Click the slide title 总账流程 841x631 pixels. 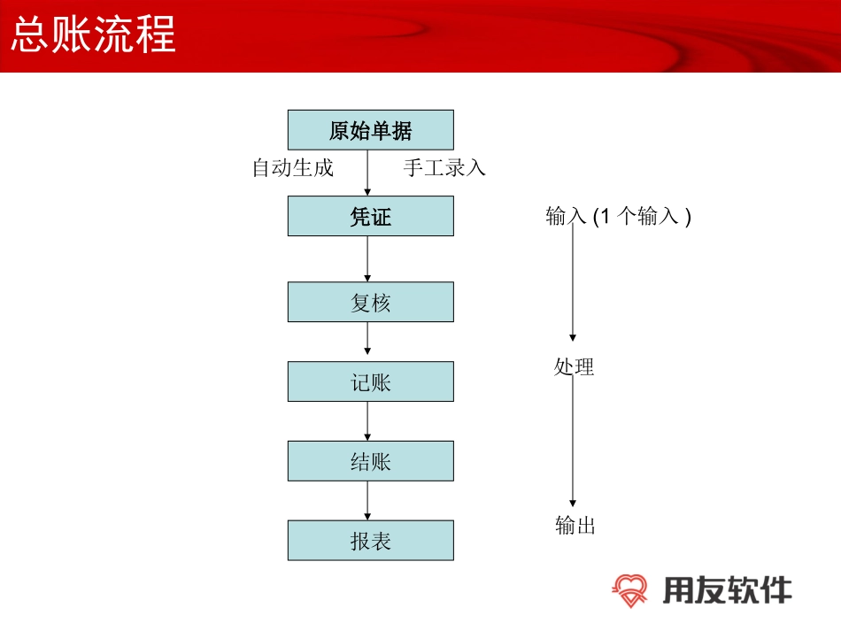(93, 35)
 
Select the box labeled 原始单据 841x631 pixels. (370, 130)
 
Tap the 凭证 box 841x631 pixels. (370, 216)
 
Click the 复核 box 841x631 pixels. (370, 302)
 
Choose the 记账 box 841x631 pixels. (370, 381)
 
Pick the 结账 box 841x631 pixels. (370, 461)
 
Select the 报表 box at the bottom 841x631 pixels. (370, 541)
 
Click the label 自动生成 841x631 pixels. (293, 167)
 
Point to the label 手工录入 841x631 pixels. (444, 167)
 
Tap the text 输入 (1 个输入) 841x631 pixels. (618, 216)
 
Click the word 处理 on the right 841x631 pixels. (574, 366)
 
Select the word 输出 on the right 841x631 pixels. (575, 525)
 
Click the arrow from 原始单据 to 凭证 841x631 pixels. (367, 173)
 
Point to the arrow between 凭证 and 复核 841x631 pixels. (367, 258)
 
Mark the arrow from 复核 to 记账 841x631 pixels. (367, 342)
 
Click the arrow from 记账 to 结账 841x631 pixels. (367, 421)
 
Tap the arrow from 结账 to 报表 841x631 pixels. (367, 501)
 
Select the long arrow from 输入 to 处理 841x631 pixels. (573, 283)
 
